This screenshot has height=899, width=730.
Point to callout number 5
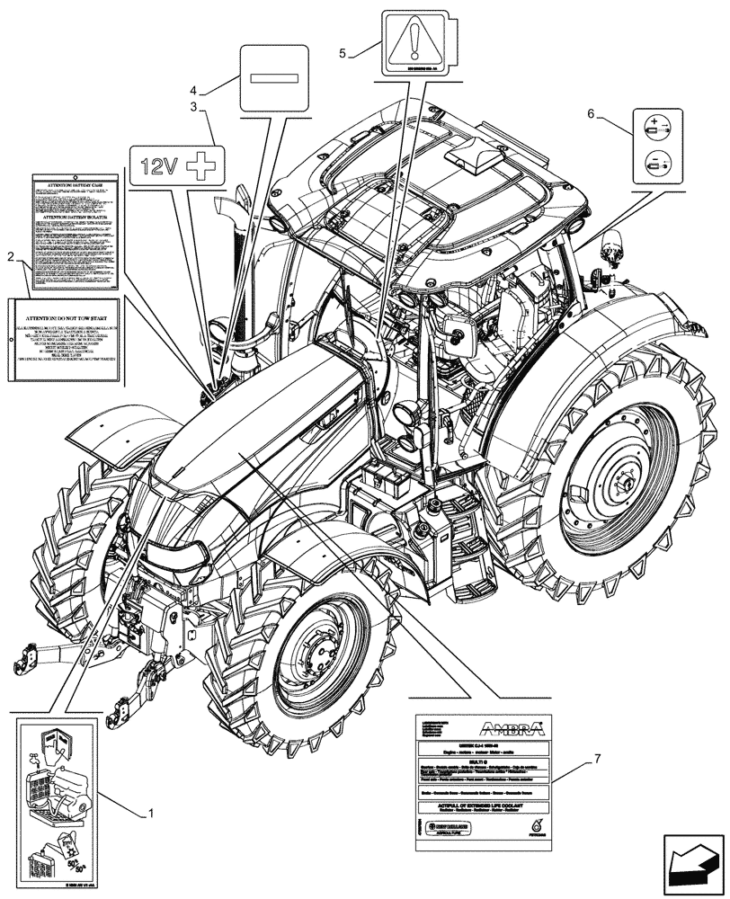[343, 53]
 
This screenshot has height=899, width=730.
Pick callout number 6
[591, 113]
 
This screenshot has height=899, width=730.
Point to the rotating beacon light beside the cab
[614, 246]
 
